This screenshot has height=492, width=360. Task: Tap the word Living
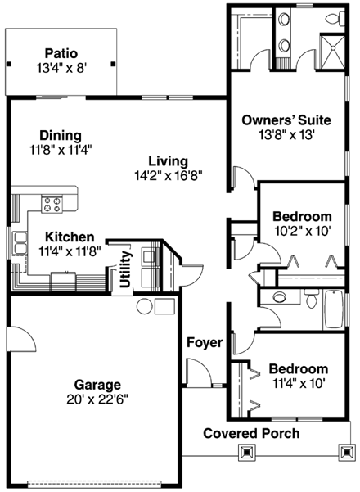click(x=168, y=161)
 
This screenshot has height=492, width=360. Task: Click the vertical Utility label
click(x=125, y=269)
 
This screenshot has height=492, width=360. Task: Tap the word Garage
click(x=97, y=384)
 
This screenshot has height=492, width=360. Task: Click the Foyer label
click(x=204, y=342)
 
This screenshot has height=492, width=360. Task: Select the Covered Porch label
click(x=250, y=433)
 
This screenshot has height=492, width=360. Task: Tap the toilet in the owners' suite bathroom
click(x=333, y=17)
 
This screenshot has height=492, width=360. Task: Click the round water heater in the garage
click(x=144, y=307)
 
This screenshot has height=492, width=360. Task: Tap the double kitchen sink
click(x=19, y=241)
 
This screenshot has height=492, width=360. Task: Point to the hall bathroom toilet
click(x=311, y=300)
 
